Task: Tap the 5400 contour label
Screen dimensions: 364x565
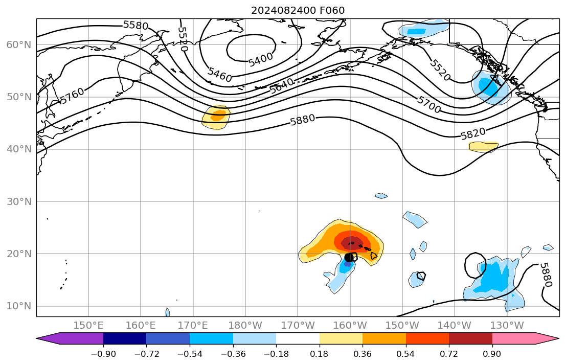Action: coord(261,59)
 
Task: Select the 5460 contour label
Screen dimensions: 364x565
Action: coord(220,75)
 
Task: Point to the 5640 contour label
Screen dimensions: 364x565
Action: coord(282,85)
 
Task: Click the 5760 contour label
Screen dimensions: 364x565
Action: coord(72,96)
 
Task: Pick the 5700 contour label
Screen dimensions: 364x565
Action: coord(428,101)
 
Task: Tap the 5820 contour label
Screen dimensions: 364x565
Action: coord(473,134)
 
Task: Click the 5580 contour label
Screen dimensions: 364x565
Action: coord(135,25)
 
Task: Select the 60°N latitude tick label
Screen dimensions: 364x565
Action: coord(19,44)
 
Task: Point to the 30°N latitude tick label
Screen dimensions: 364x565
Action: coord(19,201)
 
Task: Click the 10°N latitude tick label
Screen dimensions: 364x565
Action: coord(19,306)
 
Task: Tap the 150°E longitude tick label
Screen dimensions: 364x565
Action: coord(88,325)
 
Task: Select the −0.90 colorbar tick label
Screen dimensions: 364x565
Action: coord(103,354)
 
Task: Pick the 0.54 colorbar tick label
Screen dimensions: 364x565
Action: coord(406,354)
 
